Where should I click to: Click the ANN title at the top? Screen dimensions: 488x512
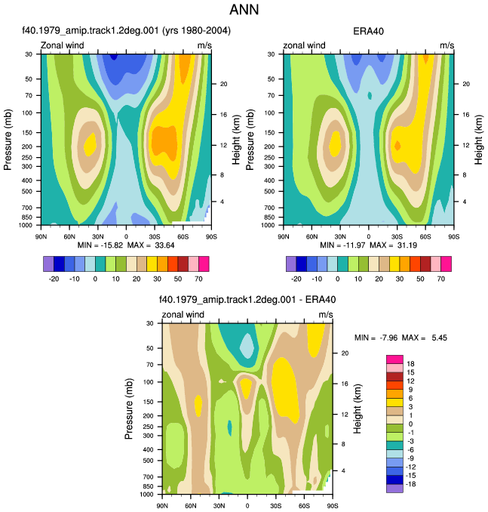244,9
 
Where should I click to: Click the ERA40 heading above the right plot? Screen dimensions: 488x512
368,32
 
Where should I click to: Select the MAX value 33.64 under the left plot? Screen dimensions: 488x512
164,245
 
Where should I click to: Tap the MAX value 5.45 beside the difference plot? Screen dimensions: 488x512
440,338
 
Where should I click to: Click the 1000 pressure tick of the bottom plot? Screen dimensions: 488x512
146,495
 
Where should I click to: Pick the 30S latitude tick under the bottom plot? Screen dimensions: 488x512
275,506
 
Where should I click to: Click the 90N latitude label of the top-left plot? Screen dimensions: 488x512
41,236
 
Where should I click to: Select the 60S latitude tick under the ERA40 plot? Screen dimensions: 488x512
425,236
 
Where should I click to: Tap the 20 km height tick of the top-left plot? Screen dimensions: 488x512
223,84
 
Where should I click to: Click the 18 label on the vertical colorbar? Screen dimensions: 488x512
410,364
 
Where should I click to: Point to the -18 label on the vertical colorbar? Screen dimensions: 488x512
410,484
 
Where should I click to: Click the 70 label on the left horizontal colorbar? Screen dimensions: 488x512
198,279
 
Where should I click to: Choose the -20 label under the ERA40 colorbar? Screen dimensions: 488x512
296,279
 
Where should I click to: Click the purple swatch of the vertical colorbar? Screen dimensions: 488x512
394,489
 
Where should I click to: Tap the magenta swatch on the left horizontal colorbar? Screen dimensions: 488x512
204,264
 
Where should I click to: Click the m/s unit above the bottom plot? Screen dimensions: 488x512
326,314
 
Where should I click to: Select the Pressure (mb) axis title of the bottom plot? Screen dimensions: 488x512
129,409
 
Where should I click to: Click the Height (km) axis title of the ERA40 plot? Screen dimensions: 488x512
478,140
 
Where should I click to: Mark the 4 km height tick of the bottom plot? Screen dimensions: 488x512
343,471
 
